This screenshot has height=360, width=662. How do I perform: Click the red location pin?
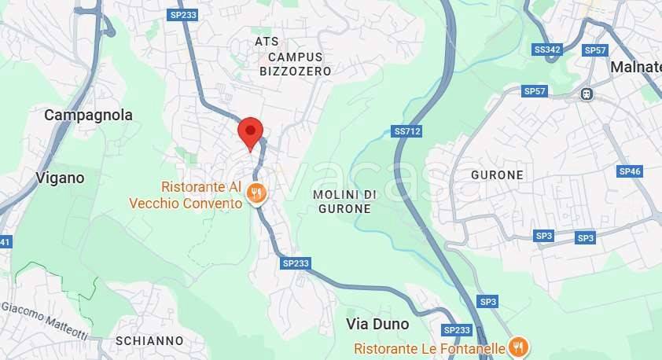(250, 131)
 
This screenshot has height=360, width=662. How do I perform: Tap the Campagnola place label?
(88, 115)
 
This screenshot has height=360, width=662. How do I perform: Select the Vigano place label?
(60, 178)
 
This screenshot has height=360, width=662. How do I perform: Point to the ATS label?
(267, 41)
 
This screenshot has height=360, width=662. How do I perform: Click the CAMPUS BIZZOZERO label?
(295, 64)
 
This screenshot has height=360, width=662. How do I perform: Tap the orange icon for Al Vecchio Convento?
(256, 192)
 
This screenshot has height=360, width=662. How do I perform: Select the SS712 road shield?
(406, 131)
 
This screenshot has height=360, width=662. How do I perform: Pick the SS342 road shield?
(547, 50)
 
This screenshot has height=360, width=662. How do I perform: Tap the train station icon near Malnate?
(586, 94)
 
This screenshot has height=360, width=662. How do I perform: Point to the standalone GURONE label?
(497, 174)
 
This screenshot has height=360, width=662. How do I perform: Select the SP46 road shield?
(630, 171)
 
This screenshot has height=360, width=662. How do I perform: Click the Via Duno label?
(377, 324)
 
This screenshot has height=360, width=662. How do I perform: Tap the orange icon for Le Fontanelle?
(517, 345)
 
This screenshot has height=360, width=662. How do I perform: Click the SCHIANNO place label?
(149, 341)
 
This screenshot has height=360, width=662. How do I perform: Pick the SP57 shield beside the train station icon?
(535, 91)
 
